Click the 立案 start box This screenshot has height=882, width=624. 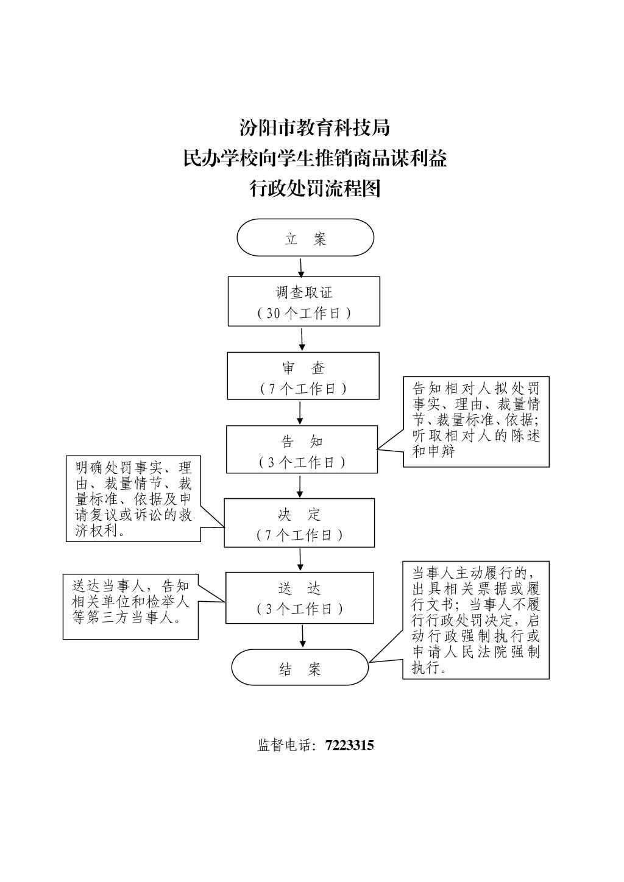(305, 238)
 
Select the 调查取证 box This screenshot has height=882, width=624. (304, 301)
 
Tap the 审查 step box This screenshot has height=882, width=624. (303, 376)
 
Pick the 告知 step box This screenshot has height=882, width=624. (302, 449)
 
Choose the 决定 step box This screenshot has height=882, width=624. (299, 522)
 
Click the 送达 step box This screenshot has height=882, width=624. (299, 597)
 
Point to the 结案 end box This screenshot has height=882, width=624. (300, 667)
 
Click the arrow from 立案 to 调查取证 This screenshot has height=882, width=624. (301, 267)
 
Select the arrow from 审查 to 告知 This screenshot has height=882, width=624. (300, 412)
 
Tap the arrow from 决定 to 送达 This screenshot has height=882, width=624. (300, 559)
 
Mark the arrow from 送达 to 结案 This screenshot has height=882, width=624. (302, 636)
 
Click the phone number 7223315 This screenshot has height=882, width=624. (349, 745)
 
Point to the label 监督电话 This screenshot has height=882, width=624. (285, 745)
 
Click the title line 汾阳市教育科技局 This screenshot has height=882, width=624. (314, 128)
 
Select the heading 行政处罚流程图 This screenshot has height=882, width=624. (314, 189)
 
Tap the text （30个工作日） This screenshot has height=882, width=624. (304, 313)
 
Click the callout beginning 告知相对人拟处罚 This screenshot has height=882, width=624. (476, 421)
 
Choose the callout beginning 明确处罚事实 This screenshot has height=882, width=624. (133, 499)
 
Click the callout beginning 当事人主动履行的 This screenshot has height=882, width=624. (476, 619)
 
